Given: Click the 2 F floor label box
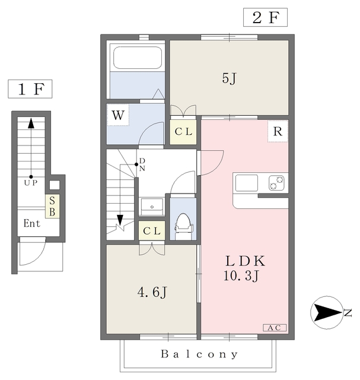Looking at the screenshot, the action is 265,17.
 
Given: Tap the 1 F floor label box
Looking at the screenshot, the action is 30,89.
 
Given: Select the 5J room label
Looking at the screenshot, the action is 229,78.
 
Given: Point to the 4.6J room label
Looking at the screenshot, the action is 152,292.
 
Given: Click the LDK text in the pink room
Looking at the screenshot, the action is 246,261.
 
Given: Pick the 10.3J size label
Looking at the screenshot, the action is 241,275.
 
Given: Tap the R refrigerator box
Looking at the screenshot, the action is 278,131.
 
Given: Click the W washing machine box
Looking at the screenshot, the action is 118,115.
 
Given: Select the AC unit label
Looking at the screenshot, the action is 275,328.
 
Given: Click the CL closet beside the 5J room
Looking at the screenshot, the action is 183,132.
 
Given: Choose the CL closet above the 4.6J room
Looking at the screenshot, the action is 152,230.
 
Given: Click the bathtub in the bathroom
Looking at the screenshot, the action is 138,58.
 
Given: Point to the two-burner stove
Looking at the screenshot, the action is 276,183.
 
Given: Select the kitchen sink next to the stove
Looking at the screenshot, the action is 247,183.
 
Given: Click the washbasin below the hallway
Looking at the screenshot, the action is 152,206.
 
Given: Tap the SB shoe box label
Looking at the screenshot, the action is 52,206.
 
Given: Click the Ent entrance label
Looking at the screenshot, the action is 31,223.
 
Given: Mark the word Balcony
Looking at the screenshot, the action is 199,354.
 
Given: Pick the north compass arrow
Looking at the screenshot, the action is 327,313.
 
